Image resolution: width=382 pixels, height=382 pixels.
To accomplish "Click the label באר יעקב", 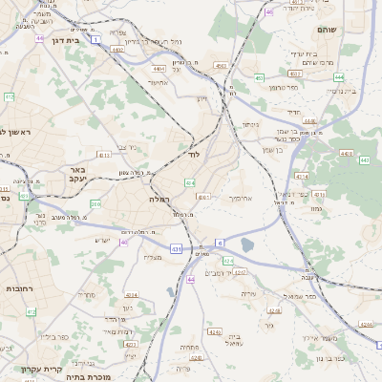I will coord(77,175).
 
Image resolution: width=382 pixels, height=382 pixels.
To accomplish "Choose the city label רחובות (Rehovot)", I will coord(21,287).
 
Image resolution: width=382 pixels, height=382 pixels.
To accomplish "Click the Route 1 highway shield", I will coord(95,39).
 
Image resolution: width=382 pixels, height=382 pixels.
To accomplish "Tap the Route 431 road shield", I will coord(176,248).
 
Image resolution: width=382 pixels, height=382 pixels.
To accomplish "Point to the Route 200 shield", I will coord(95,203).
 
